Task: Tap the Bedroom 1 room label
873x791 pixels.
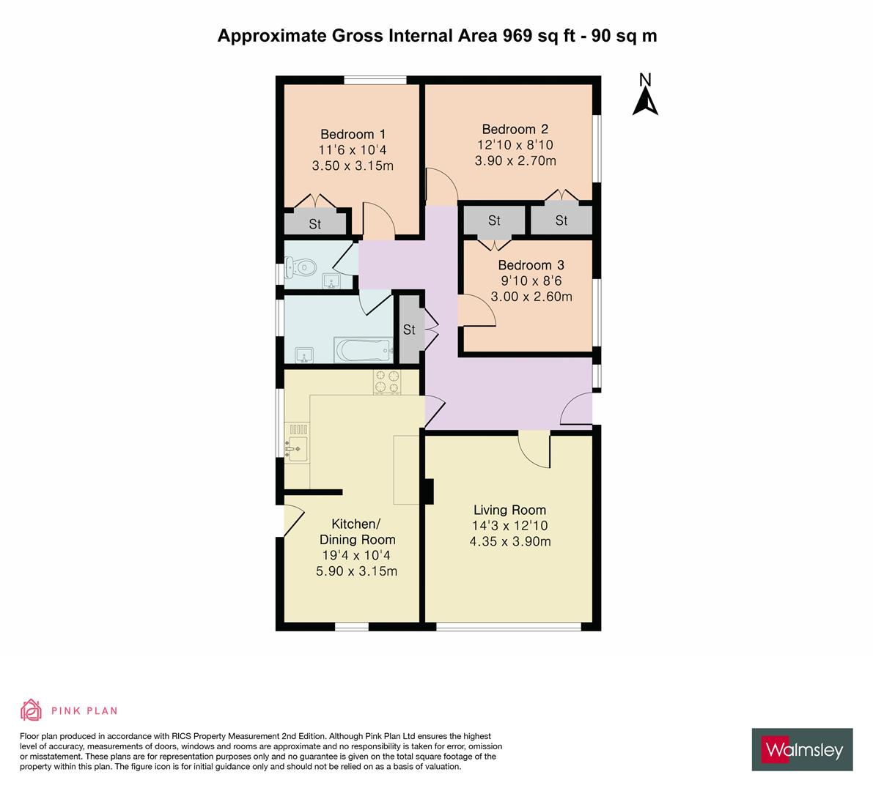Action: coord(353,134)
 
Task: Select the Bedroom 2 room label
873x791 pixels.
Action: coord(515,130)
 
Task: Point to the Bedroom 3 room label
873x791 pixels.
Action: coord(531,265)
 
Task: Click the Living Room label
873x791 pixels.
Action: coord(509,510)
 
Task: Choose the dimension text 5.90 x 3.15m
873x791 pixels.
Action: coord(356,571)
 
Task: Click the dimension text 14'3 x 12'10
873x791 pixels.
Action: coord(509,526)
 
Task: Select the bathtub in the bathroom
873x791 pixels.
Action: coord(364,349)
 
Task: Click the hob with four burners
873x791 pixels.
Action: coord(388,382)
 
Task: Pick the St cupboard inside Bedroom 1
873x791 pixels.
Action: coord(315,224)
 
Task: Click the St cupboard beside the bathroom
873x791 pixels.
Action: coord(409,330)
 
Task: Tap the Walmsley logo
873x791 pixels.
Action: coord(803,749)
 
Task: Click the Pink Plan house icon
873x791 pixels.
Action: coord(32,710)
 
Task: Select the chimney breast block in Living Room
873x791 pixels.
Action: coord(428,491)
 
